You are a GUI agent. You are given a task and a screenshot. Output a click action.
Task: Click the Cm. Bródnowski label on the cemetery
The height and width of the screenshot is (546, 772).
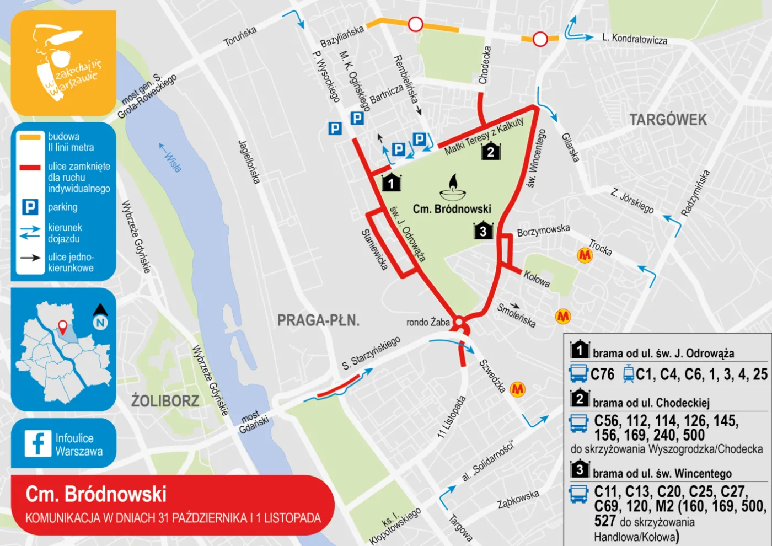(452, 209)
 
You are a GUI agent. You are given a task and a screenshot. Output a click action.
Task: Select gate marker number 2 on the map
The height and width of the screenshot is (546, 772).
(490, 151)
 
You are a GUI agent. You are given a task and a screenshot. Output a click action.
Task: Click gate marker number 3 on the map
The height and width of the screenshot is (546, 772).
(483, 230)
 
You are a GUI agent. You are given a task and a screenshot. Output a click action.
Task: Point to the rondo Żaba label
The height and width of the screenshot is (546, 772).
(428, 322)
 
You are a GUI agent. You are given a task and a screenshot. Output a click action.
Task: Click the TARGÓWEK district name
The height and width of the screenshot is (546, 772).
(668, 120)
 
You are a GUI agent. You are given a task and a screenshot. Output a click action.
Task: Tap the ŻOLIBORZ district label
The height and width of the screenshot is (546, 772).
(165, 400)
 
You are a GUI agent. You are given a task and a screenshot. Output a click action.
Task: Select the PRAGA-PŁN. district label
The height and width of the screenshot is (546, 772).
(318, 320)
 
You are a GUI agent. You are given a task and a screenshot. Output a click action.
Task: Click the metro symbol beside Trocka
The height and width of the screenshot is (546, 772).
(585, 255)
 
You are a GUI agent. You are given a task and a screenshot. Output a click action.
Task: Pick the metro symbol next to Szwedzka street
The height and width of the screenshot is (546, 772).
(517, 389)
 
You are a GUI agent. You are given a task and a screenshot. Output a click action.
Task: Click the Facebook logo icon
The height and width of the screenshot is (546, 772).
(38, 443)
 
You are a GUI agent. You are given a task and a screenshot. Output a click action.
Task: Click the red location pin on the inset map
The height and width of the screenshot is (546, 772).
(63, 327)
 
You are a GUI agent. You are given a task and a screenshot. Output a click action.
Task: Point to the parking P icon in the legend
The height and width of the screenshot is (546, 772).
(30, 207)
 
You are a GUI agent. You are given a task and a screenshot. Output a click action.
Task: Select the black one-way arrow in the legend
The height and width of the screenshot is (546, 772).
(30, 258)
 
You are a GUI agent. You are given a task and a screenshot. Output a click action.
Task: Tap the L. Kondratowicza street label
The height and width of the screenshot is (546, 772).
(635, 39)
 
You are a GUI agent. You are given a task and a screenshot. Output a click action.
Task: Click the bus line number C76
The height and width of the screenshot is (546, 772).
(602, 374)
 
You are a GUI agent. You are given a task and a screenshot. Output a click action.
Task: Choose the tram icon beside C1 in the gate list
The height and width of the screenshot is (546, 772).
(628, 374)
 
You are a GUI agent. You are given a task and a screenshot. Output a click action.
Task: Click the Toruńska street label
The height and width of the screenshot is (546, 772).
(240, 36)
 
